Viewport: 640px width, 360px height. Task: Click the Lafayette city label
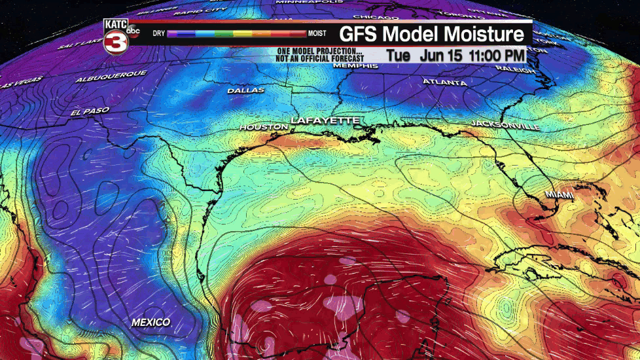coord(325,120)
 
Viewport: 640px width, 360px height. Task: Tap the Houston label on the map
coord(264,126)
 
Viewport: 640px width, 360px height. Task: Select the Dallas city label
coord(246,90)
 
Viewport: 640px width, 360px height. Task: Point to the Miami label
coord(560,195)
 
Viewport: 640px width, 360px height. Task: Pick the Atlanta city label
coord(445,83)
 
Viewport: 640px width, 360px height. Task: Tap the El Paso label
coord(90,111)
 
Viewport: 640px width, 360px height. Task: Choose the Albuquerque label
coord(111,76)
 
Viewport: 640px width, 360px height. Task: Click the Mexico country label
coord(151,322)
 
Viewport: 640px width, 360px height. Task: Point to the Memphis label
coord(355,66)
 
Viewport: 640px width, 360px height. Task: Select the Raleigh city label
coord(516,68)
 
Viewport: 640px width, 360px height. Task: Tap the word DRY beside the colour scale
coord(158,33)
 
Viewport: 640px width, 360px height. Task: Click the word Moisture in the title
coord(484,34)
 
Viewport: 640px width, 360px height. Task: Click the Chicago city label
coord(376,16)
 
